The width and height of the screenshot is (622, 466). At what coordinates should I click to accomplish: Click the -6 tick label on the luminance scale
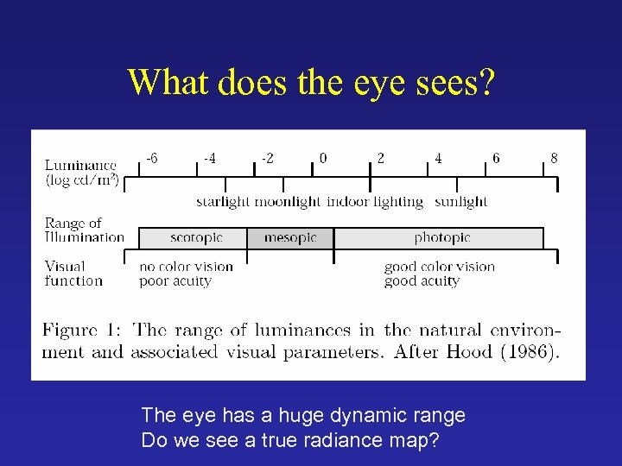point(151,159)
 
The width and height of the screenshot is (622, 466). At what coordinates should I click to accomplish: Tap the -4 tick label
point(210,159)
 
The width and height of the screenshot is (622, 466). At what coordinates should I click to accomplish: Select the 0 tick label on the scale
point(323,159)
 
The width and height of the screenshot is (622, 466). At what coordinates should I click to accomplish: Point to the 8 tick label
point(554,159)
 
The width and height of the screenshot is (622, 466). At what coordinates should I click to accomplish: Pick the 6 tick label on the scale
point(496,159)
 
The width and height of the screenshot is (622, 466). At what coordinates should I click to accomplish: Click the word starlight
point(223,202)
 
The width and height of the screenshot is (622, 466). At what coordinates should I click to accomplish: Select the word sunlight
point(460,202)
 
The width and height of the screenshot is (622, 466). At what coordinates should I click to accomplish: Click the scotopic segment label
point(196,237)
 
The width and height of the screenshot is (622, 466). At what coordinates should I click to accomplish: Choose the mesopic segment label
point(290,237)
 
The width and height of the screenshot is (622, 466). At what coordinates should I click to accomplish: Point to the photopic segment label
point(442,237)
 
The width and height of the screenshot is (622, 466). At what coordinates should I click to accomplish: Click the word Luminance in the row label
point(80,165)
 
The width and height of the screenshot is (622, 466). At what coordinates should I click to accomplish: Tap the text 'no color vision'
point(187,267)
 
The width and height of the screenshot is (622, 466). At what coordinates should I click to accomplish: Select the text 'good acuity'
point(422,280)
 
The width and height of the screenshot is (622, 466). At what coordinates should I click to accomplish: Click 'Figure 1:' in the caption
point(83,331)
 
